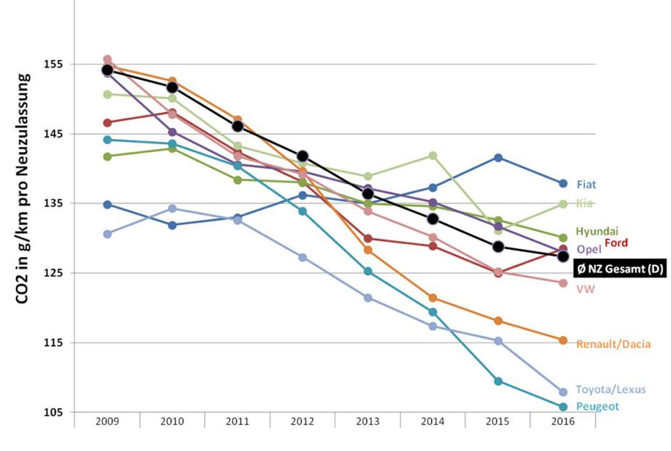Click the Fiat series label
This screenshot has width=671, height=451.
(587, 184)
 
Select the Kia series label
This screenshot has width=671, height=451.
(585, 203)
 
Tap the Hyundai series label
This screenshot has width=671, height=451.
(597, 231)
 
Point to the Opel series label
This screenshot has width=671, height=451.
(589, 249)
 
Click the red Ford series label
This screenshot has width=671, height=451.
(616, 243)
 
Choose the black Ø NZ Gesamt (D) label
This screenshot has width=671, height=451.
(620, 268)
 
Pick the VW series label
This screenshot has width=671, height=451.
(585, 289)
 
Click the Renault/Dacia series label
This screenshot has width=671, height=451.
(613, 344)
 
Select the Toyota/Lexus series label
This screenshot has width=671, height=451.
(610, 389)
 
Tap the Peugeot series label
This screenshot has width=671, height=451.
(597, 407)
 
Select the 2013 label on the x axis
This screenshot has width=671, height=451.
(367, 422)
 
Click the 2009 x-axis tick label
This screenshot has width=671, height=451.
(107, 422)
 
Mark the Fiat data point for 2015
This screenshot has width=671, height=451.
(498, 158)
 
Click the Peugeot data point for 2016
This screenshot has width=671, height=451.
(562, 407)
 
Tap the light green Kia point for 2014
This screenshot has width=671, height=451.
(433, 156)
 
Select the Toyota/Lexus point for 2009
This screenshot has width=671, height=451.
(107, 234)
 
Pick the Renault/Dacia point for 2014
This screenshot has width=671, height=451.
(433, 298)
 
